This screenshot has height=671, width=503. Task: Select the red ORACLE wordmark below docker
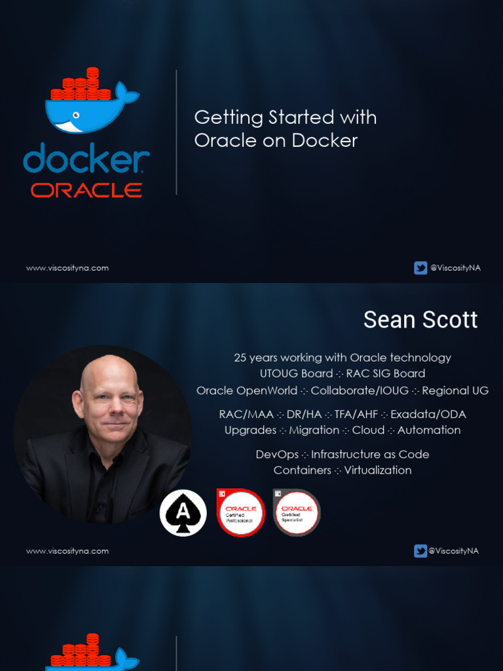pyautogui.click(x=86, y=191)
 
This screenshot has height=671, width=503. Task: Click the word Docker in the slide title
pyautogui.click(x=325, y=140)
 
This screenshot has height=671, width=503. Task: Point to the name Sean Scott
pyautogui.click(x=420, y=320)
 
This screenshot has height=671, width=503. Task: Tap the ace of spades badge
pyautogui.click(x=183, y=512)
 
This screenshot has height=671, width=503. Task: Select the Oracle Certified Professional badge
pyautogui.click(x=240, y=512)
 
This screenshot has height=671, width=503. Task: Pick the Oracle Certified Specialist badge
pyautogui.click(x=296, y=512)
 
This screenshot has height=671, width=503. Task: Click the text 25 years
pyautogui.click(x=255, y=358)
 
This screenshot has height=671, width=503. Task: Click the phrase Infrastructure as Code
pyautogui.click(x=370, y=454)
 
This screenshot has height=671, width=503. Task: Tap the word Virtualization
pyautogui.click(x=378, y=470)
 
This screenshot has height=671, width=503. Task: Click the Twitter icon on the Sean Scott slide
pyautogui.click(x=420, y=551)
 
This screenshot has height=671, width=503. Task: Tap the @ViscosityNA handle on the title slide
pyautogui.click(x=455, y=268)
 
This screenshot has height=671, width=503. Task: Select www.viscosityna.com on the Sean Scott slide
pyautogui.click(x=67, y=551)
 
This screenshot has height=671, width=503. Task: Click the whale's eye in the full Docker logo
pyautogui.click(x=76, y=115)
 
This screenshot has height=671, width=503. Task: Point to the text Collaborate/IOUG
pyautogui.click(x=360, y=391)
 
